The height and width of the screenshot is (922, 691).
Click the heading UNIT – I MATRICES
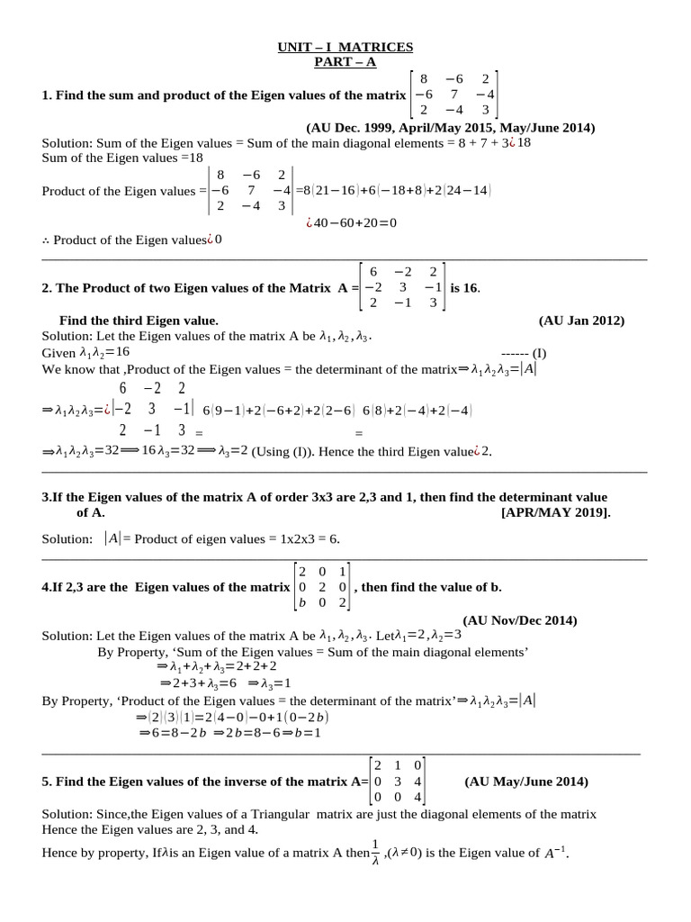345,47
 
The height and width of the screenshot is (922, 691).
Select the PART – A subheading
345,61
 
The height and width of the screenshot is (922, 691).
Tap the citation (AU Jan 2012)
581,320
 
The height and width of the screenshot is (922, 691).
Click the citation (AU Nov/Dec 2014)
520,620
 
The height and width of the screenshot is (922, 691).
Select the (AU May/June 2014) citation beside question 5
526,782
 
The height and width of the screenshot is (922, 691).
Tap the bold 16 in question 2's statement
471,287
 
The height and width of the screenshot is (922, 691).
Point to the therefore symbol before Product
46,240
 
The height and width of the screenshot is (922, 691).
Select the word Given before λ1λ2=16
59,352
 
